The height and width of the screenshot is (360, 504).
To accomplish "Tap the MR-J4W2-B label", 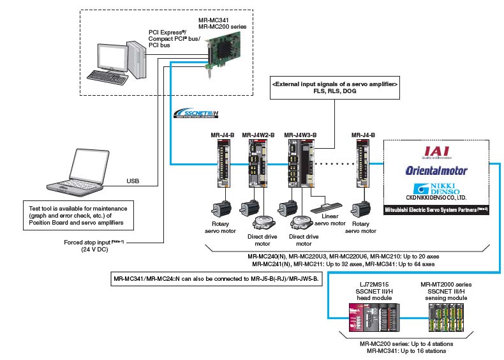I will pyautogui.click(x=258, y=135).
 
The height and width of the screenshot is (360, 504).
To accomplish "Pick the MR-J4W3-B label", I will pyautogui.click(x=301, y=135).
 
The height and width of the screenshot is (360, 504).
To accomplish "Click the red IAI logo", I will pyautogui.click(x=436, y=151).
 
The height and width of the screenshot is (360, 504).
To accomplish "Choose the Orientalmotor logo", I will pyautogui.click(x=436, y=170).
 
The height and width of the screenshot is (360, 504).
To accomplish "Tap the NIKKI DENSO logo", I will pyautogui.click(x=436, y=191).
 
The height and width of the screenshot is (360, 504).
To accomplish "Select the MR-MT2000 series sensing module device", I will pyautogui.click(x=447, y=315).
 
